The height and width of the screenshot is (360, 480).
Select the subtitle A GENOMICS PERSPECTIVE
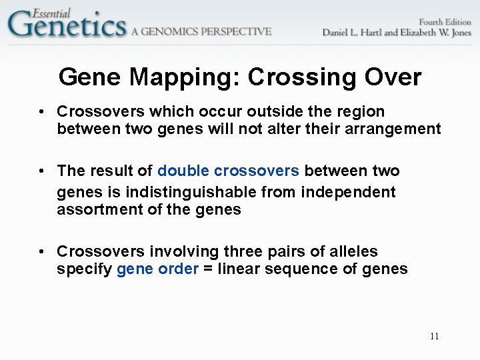coord(201,31)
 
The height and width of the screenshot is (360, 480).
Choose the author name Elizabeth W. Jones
coord(436,33)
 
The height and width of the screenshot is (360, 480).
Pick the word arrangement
coord(391,128)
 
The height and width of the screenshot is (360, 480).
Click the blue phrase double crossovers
coord(228,171)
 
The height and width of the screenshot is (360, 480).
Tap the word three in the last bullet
coord(244,251)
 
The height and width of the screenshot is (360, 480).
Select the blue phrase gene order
coord(157,269)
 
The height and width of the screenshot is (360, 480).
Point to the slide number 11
coord(434,336)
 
